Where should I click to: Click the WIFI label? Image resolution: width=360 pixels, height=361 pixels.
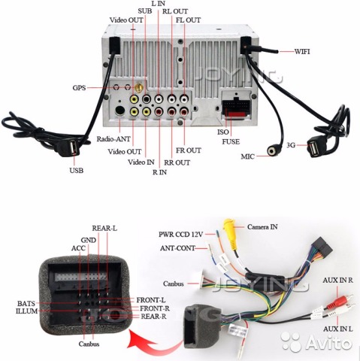[x=302, y=51]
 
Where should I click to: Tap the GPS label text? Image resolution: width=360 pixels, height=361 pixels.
[x=79, y=88]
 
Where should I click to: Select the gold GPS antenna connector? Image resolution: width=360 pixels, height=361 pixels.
[x=138, y=87]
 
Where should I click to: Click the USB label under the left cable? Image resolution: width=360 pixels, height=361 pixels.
[x=77, y=171]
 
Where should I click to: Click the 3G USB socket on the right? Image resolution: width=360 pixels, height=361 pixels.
[x=315, y=148]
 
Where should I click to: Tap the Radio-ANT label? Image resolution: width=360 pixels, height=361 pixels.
[x=113, y=139]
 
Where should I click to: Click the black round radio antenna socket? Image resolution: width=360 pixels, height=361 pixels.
[x=120, y=111]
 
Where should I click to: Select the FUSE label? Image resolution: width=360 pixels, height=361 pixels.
[x=231, y=142]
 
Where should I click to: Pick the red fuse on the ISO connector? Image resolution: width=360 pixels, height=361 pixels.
[x=237, y=114]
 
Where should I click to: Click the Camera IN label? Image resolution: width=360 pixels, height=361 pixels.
[x=262, y=227]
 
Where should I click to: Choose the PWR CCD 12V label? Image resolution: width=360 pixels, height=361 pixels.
[x=180, y=235]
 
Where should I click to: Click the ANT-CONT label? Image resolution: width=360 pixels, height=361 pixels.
[x=177, y=248]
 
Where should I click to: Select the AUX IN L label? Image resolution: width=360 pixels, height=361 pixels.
[x=338, y=329]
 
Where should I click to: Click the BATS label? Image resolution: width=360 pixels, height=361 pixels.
[x=26, y=304]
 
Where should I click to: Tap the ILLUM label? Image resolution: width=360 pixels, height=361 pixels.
[x=26, y=311]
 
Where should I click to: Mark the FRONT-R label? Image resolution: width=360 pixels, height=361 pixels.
[x=155, y=308]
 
